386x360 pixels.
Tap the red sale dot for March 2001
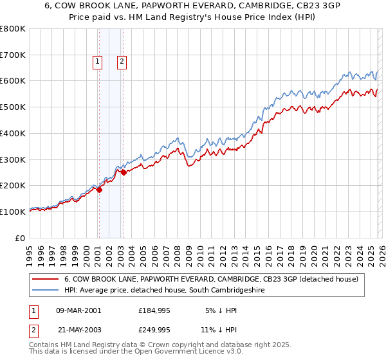tap(99, 190)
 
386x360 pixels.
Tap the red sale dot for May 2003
tap(124, 172)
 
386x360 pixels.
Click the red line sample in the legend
tap(46, 279)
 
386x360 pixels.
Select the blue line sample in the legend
tap(46, 291)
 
